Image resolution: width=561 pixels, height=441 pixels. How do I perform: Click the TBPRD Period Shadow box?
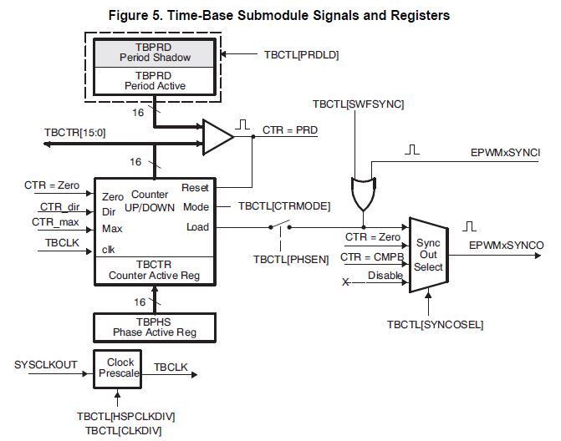155,53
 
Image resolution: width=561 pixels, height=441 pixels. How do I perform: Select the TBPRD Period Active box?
155,81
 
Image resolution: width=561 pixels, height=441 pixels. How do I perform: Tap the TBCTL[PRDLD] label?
301,54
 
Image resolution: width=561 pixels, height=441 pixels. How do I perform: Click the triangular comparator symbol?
217,137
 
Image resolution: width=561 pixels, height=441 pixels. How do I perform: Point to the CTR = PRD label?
290,129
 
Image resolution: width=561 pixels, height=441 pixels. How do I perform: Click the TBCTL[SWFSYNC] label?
358,104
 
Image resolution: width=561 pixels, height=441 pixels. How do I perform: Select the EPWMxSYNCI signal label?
505,153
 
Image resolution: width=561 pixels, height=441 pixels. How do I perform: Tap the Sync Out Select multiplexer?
429,255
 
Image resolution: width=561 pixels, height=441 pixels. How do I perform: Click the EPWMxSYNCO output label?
507,246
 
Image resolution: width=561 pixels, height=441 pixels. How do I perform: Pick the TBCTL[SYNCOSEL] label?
435,325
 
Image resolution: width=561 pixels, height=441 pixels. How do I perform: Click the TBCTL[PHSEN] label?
291,259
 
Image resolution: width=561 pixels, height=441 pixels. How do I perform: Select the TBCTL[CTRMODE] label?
284,206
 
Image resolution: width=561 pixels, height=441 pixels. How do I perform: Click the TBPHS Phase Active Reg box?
155,327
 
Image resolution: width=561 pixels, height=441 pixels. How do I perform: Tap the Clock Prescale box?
117,369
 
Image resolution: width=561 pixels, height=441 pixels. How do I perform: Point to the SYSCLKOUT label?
46,364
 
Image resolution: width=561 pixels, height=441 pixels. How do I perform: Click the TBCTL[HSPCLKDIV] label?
126,416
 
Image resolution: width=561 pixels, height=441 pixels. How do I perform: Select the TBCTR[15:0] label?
75,133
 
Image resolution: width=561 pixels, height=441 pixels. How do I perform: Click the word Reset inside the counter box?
195,188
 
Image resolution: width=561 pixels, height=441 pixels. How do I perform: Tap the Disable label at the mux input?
385,275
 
